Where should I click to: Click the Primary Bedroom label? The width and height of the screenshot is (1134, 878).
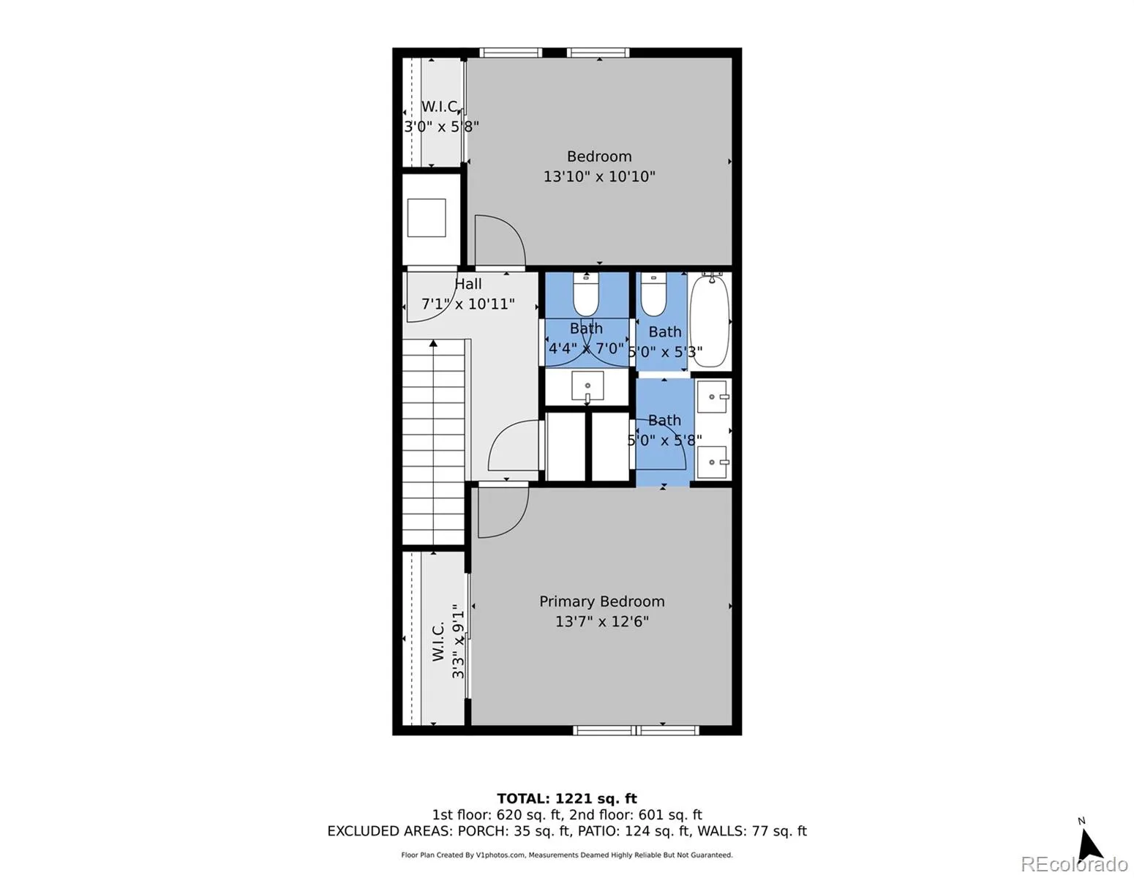pos(601,601)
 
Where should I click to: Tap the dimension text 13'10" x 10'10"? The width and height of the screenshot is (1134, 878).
pos(599,176)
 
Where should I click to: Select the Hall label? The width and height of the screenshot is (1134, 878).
pos(468,285)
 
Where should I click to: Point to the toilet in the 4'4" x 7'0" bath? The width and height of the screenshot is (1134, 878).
pos(586,293)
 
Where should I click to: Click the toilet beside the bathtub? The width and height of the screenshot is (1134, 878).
pos(653,293)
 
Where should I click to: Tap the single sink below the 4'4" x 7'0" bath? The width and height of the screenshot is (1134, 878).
pos(587,386)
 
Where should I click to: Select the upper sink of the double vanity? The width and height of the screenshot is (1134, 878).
pos(713,397)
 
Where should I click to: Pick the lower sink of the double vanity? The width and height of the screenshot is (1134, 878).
pos(713,462)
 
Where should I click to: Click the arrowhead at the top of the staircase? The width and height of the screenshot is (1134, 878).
pos(433,342)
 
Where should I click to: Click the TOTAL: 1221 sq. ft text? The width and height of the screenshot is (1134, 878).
pos(567,799)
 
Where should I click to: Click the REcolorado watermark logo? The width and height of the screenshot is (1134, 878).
pos(1073,864)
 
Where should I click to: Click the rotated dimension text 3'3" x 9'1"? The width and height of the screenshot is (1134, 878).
pos(458,641)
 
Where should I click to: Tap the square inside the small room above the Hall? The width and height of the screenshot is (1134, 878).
pos(427,217)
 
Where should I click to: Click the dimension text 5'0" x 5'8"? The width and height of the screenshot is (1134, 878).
pos(664,440)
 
